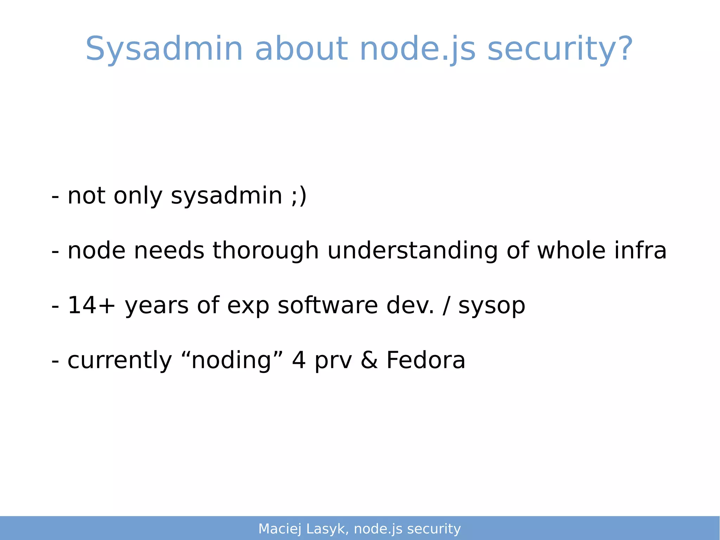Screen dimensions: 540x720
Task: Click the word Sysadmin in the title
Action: [164, 49]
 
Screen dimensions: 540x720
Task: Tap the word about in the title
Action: [301, 49]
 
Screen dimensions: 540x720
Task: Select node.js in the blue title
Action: [418, 49]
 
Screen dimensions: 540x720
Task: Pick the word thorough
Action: [265, 250]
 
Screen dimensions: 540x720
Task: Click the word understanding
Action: [412, 251]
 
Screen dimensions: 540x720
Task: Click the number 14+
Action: [91, 305]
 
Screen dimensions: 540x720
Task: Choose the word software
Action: [328, 305]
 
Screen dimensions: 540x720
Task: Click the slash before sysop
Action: [446, 305]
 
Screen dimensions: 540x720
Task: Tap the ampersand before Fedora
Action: [369, 360]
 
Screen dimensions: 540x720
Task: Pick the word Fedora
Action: [426, 360]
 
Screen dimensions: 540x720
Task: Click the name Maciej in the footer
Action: [280, 529]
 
